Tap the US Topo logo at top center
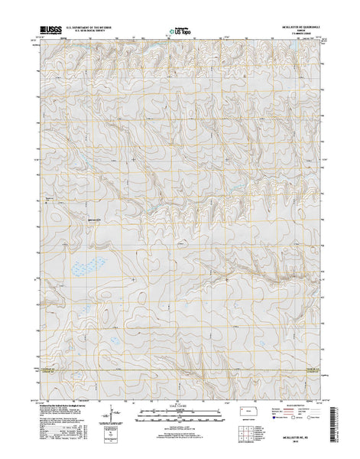(180, 32)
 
